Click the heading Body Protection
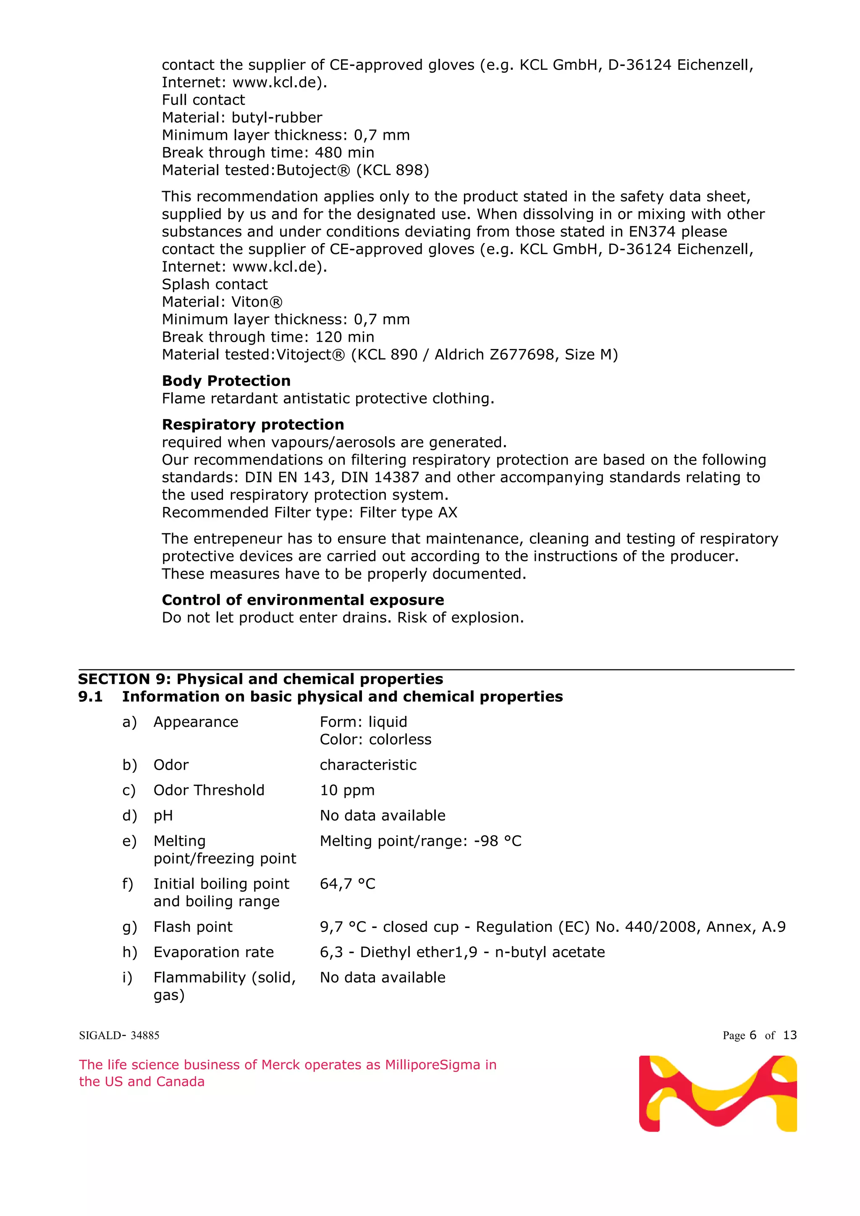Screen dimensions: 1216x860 (226, 381)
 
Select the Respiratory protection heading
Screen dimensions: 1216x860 (253, 425)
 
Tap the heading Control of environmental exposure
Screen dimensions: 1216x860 (303, 600)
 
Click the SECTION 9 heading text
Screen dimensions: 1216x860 (260, 679)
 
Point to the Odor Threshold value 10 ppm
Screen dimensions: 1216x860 (347, 790)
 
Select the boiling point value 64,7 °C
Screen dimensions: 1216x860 (347, 884)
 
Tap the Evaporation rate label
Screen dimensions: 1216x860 (213, 952)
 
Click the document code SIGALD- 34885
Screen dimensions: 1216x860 (119, 1035)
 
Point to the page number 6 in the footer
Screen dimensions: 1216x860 (752, 1035)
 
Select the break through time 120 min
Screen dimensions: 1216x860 (344, 337)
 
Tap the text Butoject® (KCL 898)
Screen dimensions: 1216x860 (353, 170)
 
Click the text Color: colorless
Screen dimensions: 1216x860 (375, 739)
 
